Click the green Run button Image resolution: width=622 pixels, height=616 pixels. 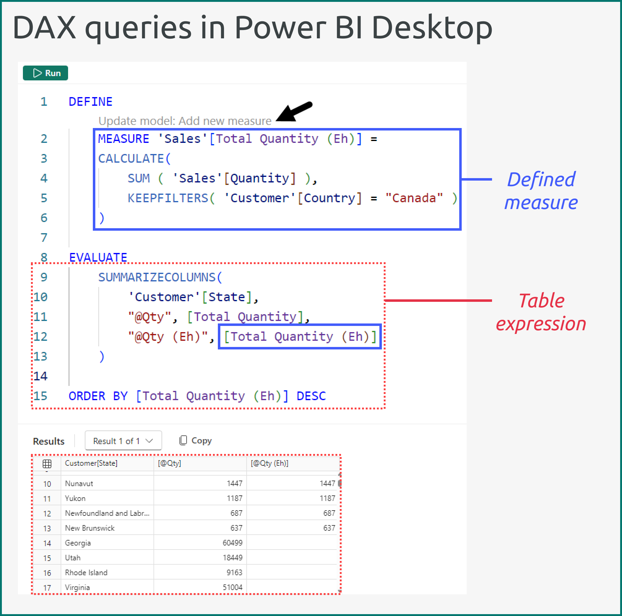coord(45,73)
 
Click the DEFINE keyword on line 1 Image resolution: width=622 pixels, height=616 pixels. coord(90,102)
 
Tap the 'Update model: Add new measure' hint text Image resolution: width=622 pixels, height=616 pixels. coord(185,121)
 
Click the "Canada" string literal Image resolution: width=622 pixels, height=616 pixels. coord(414,198)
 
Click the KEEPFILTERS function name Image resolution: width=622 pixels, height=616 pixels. coord(168,198)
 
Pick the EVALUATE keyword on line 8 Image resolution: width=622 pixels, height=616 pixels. coord(98,257)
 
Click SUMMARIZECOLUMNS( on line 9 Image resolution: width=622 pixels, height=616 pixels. coord(160,277)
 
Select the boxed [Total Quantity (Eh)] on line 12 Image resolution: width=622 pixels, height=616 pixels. coord(300,337)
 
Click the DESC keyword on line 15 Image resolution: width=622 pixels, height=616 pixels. coord(311,396)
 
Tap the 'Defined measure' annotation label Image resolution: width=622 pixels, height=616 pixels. coord(541,191)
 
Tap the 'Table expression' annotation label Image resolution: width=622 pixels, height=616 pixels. coord(541,312)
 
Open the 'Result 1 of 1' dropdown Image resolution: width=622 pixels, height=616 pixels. coord(123,441)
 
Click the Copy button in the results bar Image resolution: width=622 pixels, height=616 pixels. coord(196,440)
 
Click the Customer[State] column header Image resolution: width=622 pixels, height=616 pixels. coord(91,463)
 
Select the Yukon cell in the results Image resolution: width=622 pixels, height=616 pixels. coord(75,498)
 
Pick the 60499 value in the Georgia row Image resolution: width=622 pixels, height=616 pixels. coord(232,543)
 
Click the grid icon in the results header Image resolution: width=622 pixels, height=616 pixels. coord(47,464)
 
